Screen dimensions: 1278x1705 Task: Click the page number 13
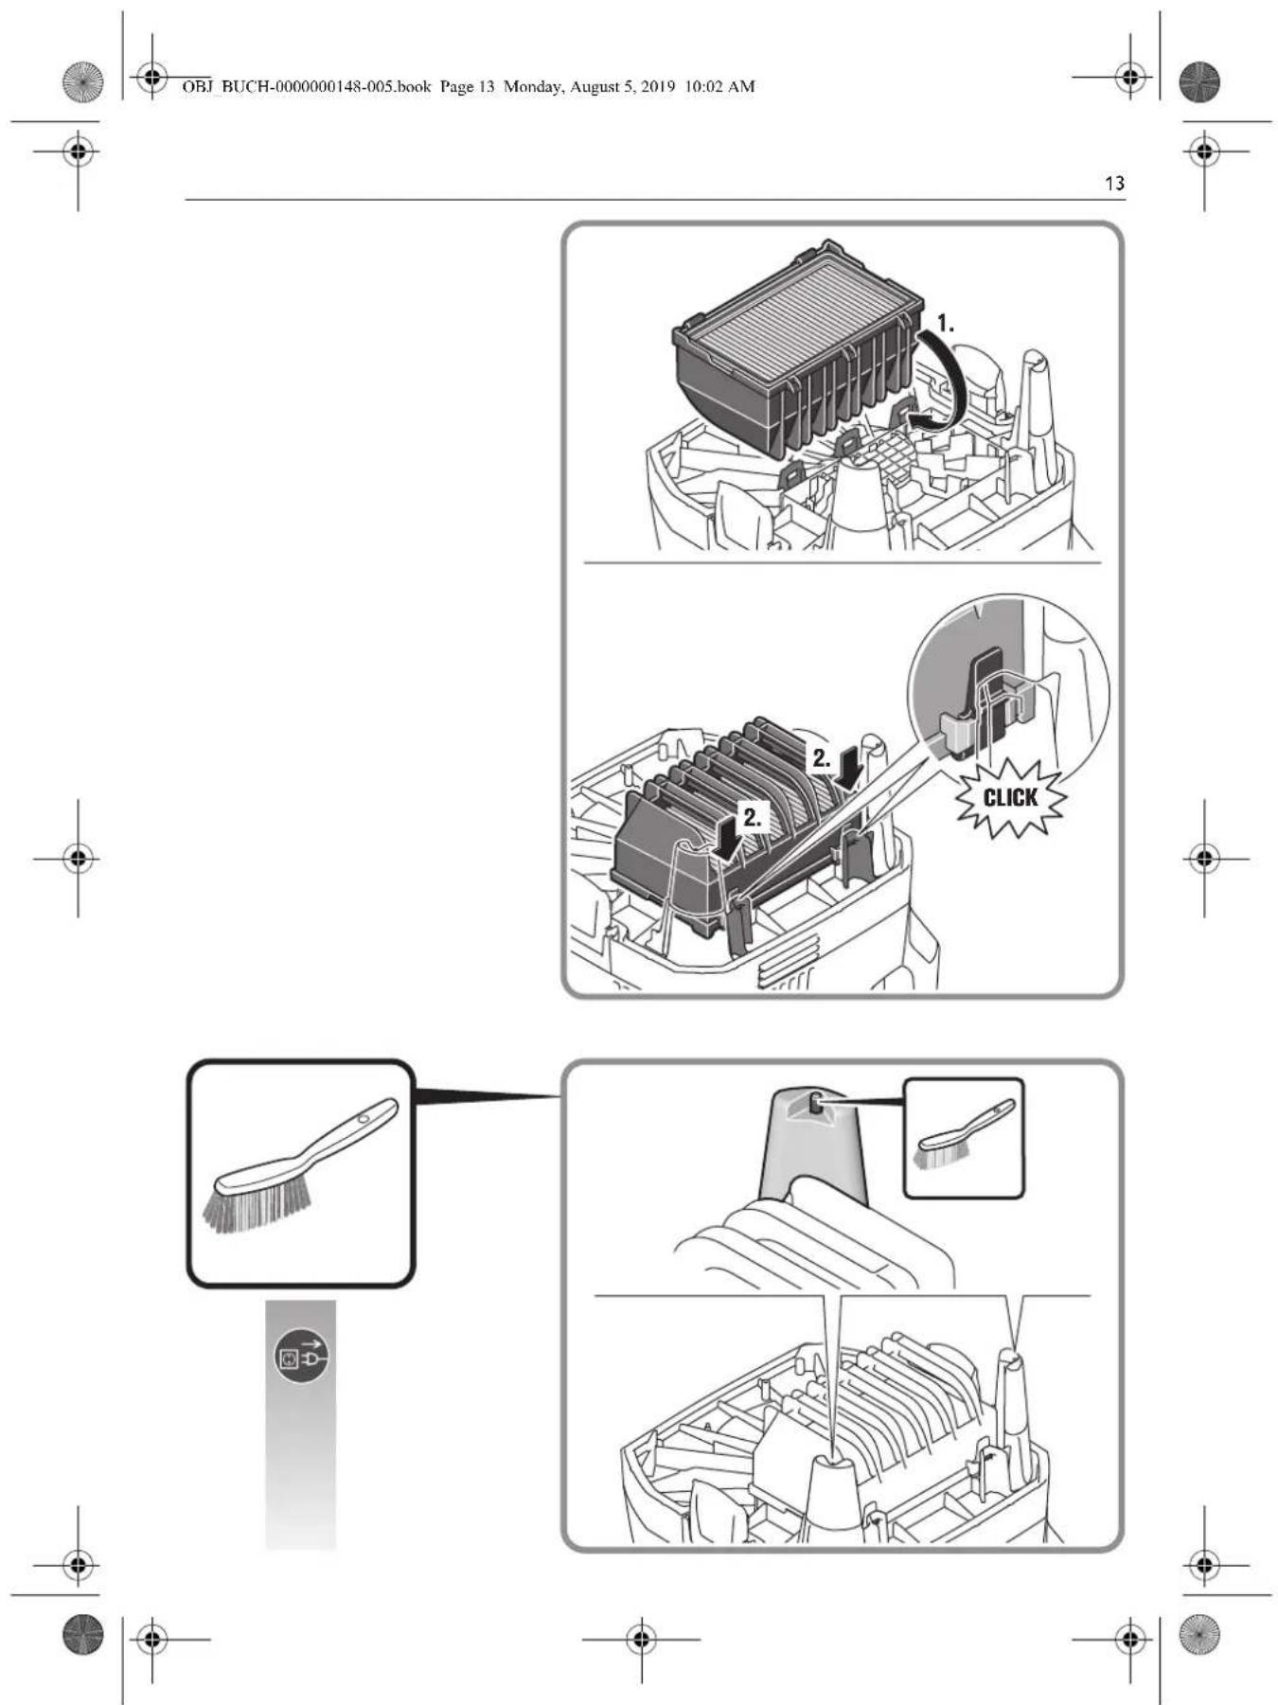coord(1114,183)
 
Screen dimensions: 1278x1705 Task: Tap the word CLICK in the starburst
coord(1010,797)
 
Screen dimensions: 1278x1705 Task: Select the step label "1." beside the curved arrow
coord(945,324)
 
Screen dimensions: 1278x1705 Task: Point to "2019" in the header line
coord(657,87)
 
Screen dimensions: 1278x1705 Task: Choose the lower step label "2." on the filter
coord(752,818)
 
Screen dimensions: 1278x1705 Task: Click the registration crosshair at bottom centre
coord(641,1638)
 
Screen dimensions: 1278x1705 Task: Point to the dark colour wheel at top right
coord(1199,82)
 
